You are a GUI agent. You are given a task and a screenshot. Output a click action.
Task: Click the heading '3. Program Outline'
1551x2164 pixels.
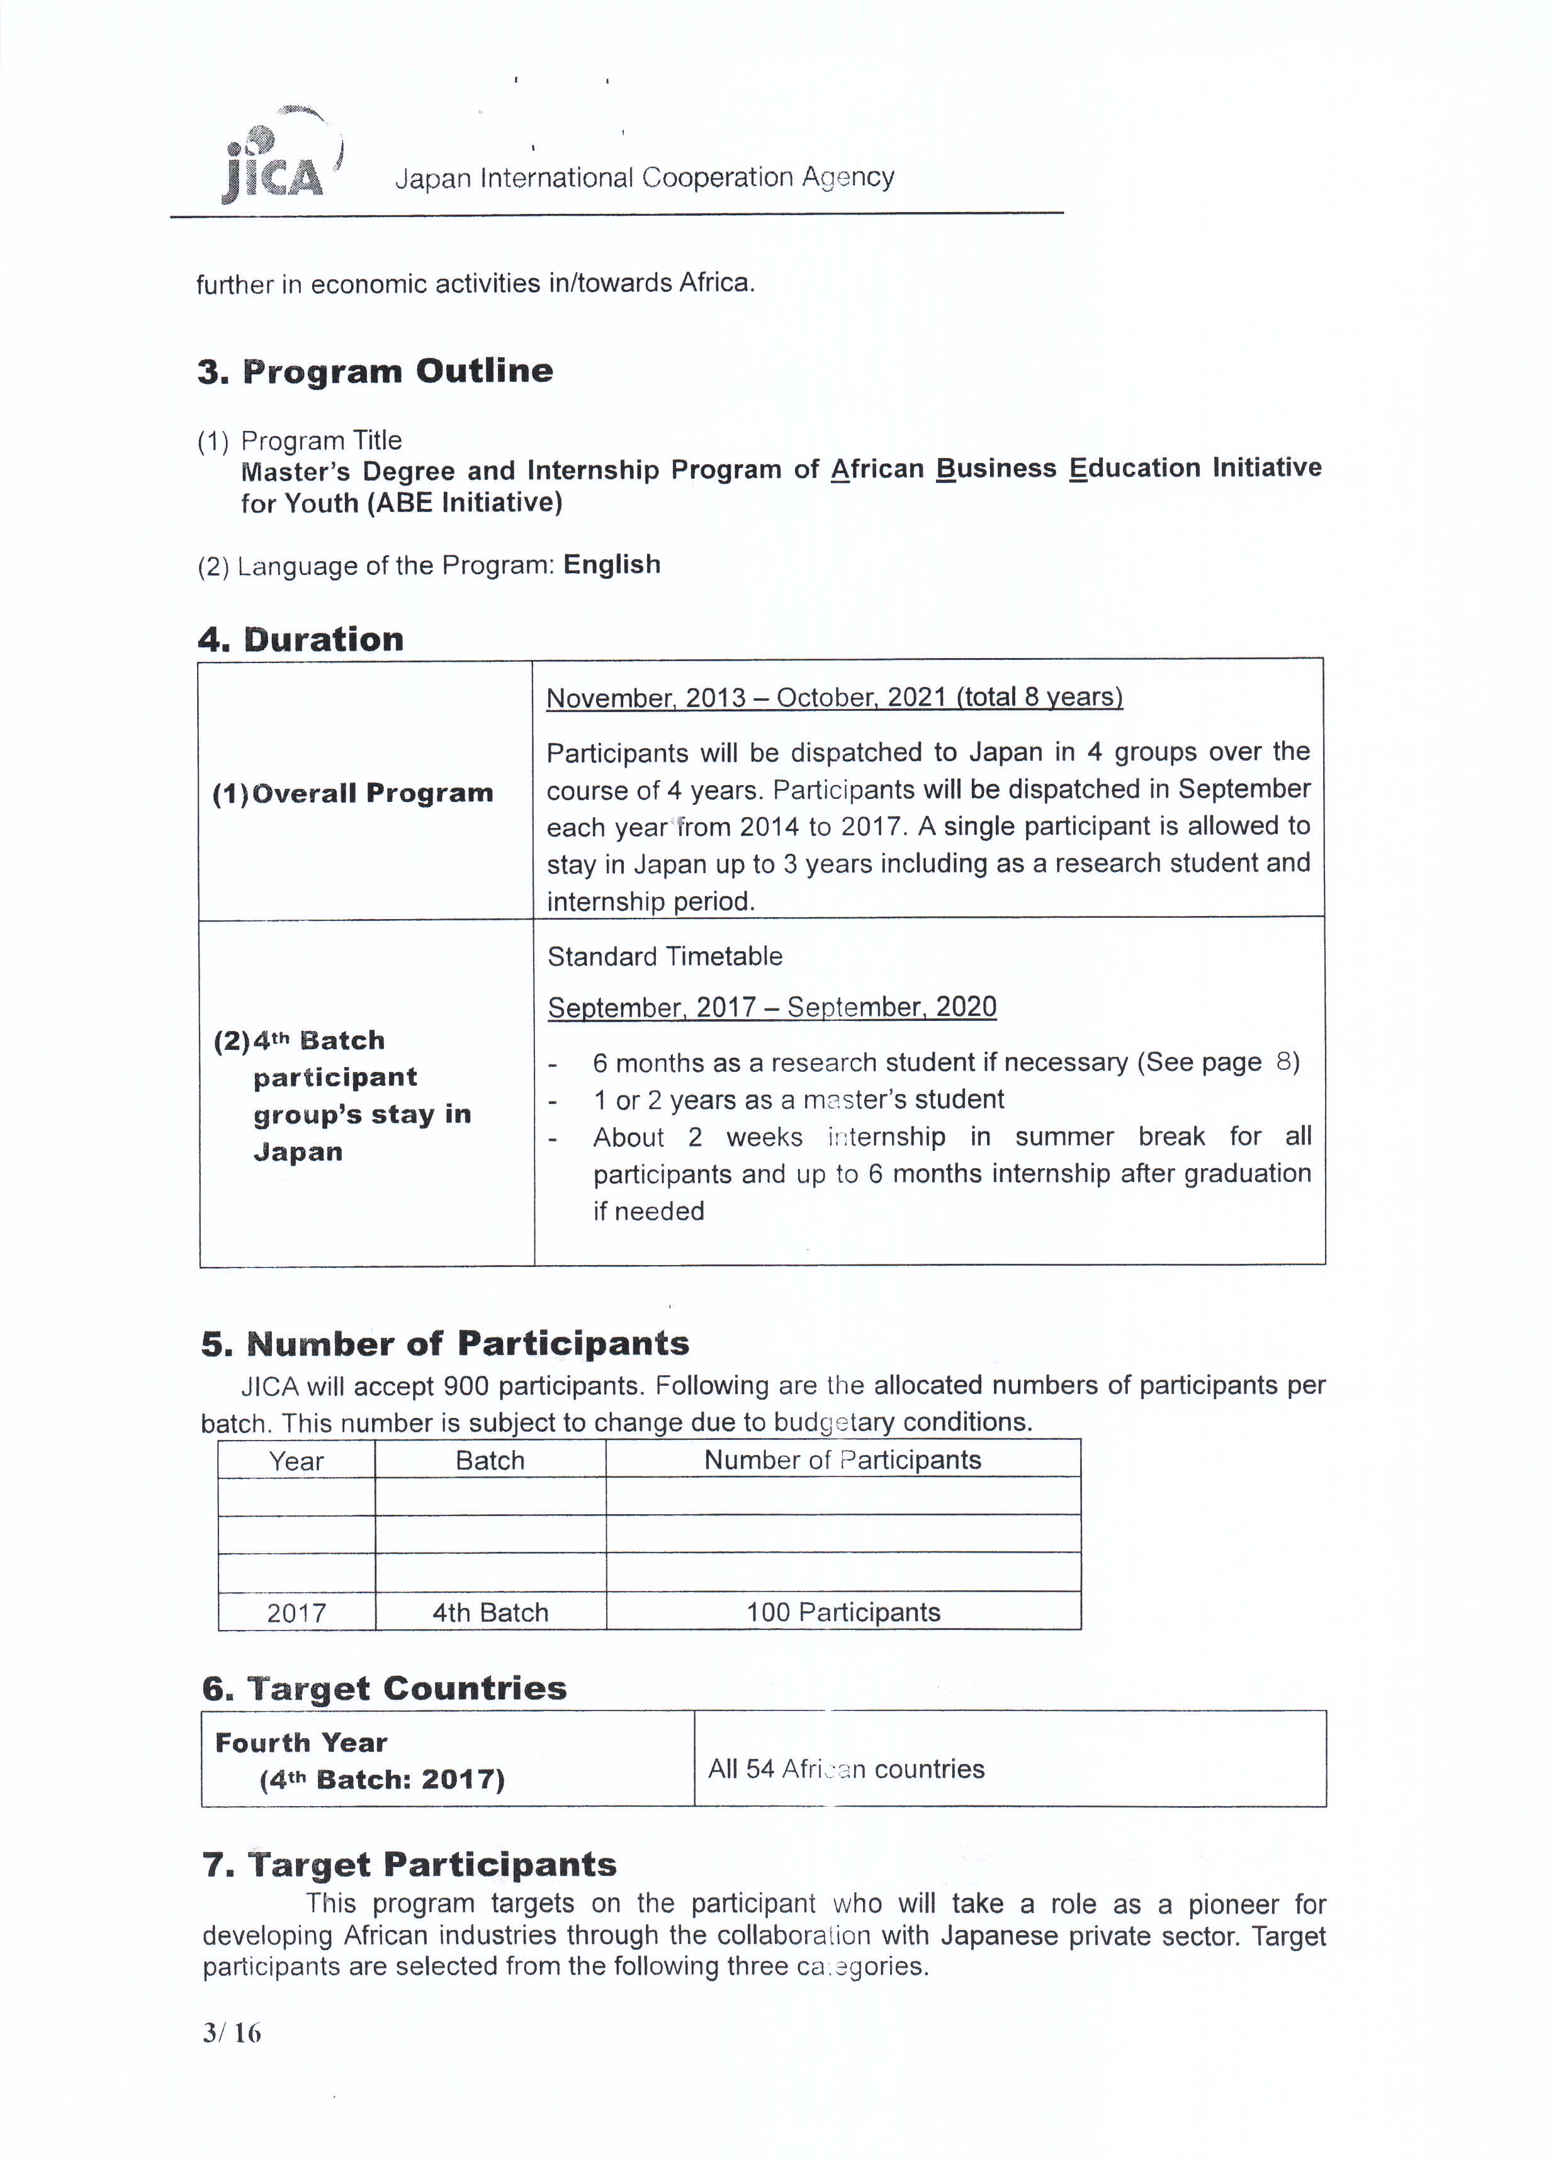click(375, 371)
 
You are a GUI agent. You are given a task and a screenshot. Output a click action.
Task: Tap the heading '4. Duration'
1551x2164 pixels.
click(301, 639)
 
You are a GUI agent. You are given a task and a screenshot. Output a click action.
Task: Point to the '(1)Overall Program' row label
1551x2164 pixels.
click(352, 793)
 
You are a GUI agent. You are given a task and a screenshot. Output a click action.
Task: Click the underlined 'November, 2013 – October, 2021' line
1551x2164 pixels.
click(834, 698)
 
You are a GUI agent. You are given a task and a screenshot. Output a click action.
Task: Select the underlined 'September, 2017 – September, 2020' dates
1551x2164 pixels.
click(771, 1008)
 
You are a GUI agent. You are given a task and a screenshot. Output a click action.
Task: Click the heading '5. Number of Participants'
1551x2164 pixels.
click(445, 1344)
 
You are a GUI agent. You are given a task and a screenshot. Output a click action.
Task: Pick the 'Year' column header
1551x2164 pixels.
click(296, 1461)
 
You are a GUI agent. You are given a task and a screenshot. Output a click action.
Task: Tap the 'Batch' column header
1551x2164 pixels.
click(490, 1461)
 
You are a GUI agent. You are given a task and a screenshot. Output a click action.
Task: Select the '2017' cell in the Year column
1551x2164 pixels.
click(296, 1612)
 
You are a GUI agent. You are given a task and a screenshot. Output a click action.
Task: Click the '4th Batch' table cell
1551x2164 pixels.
click(490, 1612)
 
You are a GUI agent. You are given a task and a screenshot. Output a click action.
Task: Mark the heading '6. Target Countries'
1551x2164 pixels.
click(384, 1688)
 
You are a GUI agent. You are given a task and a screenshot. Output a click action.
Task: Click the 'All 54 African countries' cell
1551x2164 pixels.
click(845, 1768)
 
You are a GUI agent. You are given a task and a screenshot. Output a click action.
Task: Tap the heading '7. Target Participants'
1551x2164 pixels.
click(409, 1863)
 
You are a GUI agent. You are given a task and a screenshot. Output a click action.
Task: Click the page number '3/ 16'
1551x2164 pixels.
click(231, 2033)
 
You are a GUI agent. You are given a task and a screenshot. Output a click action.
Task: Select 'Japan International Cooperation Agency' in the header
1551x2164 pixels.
click(645, 177)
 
